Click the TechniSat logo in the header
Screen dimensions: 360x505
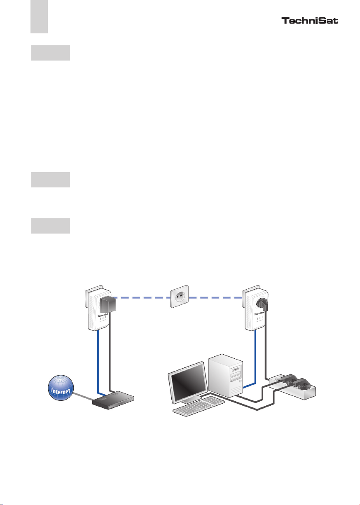point(310,21)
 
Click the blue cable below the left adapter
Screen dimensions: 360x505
point(98,362)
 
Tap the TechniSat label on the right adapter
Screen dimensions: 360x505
point(259,315)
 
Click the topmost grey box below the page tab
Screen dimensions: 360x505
point(51,53)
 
